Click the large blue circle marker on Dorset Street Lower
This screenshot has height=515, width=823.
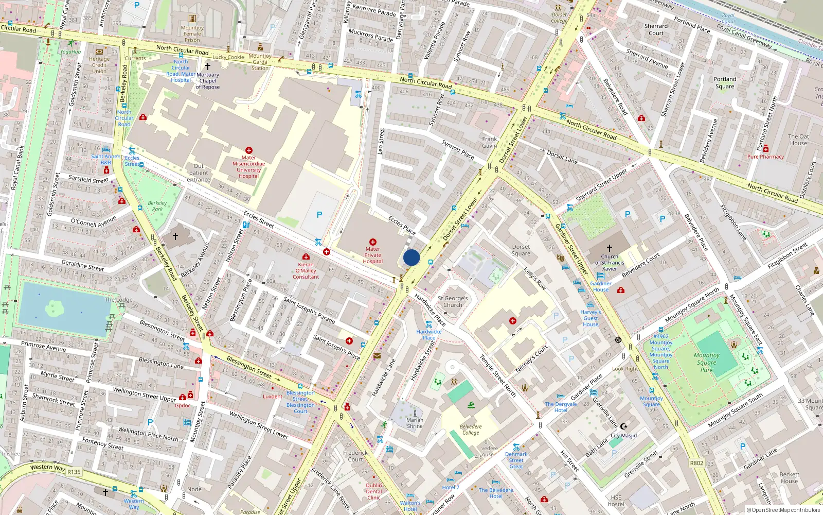click(411, 257)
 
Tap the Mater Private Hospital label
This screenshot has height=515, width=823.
click(372, 255)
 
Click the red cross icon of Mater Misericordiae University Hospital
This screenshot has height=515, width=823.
click(249, 150)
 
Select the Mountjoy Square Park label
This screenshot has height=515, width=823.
click(706, 362)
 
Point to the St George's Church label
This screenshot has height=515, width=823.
click(453, 301)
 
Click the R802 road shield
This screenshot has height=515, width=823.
click(696, 463)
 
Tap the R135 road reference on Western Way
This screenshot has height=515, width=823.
click(74, 472)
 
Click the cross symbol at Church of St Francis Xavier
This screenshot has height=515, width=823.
click(610, 248)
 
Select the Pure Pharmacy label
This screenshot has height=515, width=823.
click(765, 157)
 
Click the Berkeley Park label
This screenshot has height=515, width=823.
click(157, 206)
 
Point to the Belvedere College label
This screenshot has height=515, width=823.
click(471, 430)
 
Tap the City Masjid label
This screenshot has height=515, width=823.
click(623, 436)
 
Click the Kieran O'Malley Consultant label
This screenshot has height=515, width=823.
click(306, 270)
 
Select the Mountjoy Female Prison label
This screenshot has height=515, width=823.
click(192, 34)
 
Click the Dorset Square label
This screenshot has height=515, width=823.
click(521, 250)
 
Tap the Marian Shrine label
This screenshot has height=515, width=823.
click(415, 423)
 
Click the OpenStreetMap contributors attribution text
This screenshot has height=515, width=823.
click(783, 510)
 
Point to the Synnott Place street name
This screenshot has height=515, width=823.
click(458, 149)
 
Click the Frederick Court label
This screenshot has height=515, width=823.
click(355, 456)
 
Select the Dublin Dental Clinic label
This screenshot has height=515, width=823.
click(374, 491)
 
